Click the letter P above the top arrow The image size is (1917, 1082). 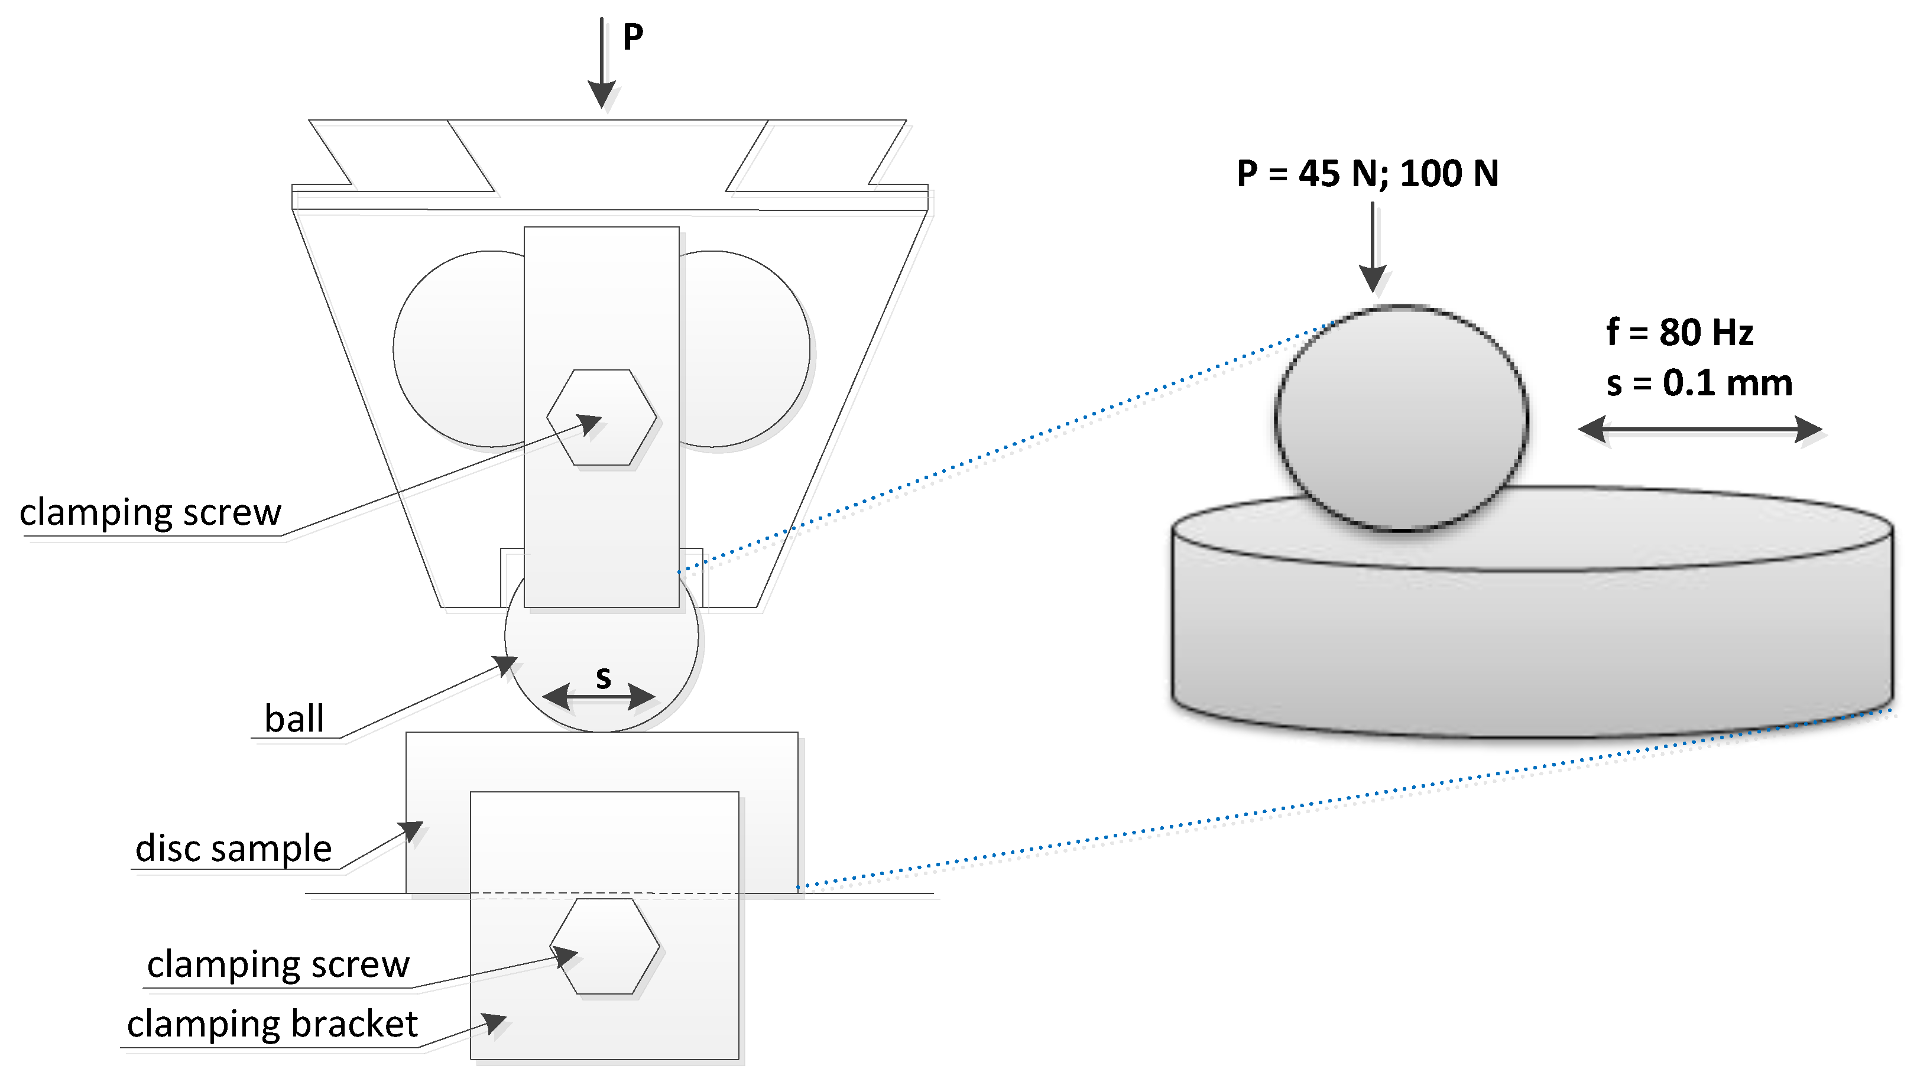click(632, 37)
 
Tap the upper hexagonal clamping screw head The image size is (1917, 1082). click(601, 417)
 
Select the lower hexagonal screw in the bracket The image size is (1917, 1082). click(604, 946)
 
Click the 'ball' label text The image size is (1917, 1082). click(294, 719)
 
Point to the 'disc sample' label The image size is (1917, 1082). click(233, 849)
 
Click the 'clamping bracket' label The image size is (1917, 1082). click(272, 1024)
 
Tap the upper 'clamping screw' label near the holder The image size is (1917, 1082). click(150, 513)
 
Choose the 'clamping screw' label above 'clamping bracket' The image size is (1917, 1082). click(278, 964)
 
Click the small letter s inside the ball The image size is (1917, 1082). click(603, 677)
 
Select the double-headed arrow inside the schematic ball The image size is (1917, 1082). click(599, 697)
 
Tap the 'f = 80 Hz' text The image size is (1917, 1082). click(1679, 332)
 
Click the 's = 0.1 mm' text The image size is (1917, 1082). click(1699, 384)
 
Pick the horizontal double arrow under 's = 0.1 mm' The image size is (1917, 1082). click(1699, 430)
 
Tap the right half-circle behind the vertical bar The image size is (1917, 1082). click(744, 350)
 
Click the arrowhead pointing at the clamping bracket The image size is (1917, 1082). click(495, 1023)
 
